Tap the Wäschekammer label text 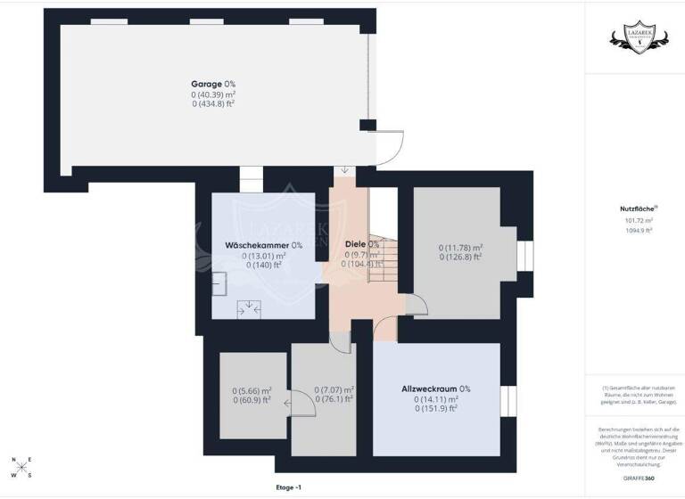point(252,245)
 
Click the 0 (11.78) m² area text point(460,248)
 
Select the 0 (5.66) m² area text point(252,390)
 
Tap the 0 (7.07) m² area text point(334,390)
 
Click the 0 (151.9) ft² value point(435,409)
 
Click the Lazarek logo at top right point(634,37)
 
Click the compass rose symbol point(22,468)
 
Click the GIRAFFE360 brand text point(637,479)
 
